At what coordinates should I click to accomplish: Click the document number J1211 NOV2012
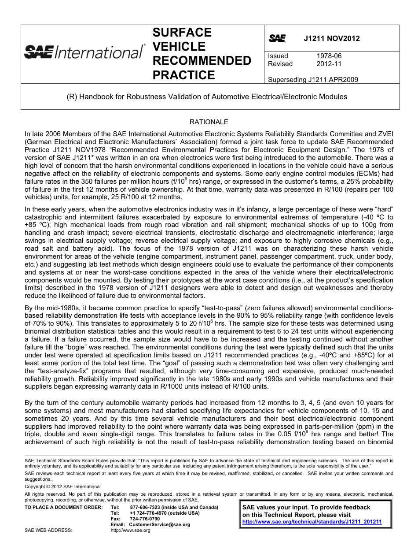pos(331,38)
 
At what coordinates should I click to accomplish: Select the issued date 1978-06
pos(329,56)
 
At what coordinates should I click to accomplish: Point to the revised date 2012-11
pos(329,64)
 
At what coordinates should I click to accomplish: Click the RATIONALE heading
pos(209,122)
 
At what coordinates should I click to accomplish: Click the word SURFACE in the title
pos(182,33)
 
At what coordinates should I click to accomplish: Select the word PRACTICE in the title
pos(183,75)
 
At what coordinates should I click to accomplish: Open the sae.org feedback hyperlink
pos(312,522)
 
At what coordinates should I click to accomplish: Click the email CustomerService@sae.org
pos(159,524)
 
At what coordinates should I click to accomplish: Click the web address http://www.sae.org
pos(130,530)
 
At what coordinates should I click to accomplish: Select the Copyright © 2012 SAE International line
pos(62,486)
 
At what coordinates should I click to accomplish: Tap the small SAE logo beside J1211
pos(277,39)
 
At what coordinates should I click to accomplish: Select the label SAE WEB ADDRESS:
pos(48,530)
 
